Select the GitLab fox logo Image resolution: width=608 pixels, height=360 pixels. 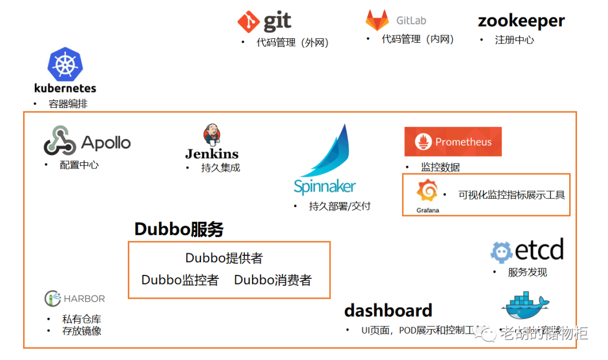pyautogui.click(x=377, y=20)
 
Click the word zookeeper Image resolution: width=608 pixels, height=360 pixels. pyautogui.click(x=521, y=21)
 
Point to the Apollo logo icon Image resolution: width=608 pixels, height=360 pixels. pyautogui.click(x=60, y=141)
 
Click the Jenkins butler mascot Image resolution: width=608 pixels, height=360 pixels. pyautogui.click(x=212, y=135)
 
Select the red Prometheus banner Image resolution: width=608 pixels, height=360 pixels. pyautogui.click(x=453, y=142)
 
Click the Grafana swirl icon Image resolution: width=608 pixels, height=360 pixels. pyautogui.click(x=427, y=192)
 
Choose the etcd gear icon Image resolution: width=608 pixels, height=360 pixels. pyautogui.click(x=502, y=252)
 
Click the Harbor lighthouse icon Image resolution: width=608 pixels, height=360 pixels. pyautogui.click(x=52, y=299)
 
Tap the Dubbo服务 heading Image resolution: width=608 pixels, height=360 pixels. pyautogui.click(x=179, y=229)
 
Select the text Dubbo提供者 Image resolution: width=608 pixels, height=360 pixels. pyautogui.click(x=224, y=258)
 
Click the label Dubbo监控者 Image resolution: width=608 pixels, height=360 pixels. pyautogui.click(x=180, y=280)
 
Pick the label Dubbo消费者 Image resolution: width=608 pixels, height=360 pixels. pyautogui.click(x=272, y=280)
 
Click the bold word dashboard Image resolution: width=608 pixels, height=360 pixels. pyautogui.click(x=388, y=310)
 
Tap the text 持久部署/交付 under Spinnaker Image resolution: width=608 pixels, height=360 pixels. pyautogui.click(x=339, y=206)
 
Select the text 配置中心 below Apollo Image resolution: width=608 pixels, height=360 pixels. pyautogui.click(x=79, y=165)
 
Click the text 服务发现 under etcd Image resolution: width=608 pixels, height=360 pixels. pyautogui.click(x=527, y=272)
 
